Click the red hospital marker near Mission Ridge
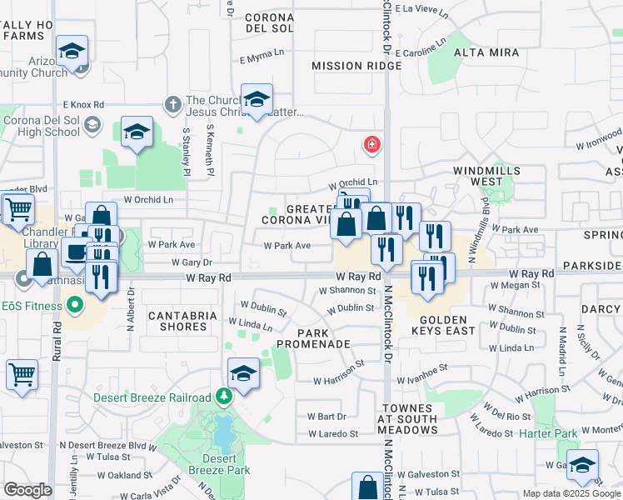click(x=372, y=146)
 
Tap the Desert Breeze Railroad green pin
click(x=223, y=396)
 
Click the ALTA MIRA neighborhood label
click(x=486, y=52)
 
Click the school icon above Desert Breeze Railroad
click(x=243, y=374)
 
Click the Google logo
click(x=27, y=490)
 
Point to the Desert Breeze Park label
click(x=225, y=464)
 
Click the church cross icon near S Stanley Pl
click(x=173, y=105)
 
